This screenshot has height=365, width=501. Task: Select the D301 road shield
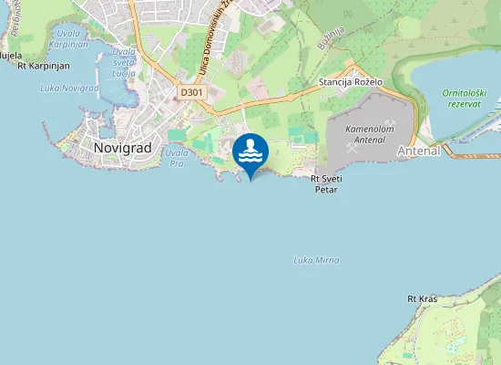(191, 92)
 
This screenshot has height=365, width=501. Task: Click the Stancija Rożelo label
(351, 82)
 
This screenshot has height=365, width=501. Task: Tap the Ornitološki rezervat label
(467, 99)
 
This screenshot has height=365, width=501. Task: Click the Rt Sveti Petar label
(326, 185)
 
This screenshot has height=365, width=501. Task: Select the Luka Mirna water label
(317, 260)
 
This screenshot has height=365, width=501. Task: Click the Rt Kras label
(424, 298)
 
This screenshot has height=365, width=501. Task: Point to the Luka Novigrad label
(69, 88)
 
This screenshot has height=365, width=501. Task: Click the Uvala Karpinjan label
(68, 37)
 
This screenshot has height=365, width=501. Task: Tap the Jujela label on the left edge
(10, 56)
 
